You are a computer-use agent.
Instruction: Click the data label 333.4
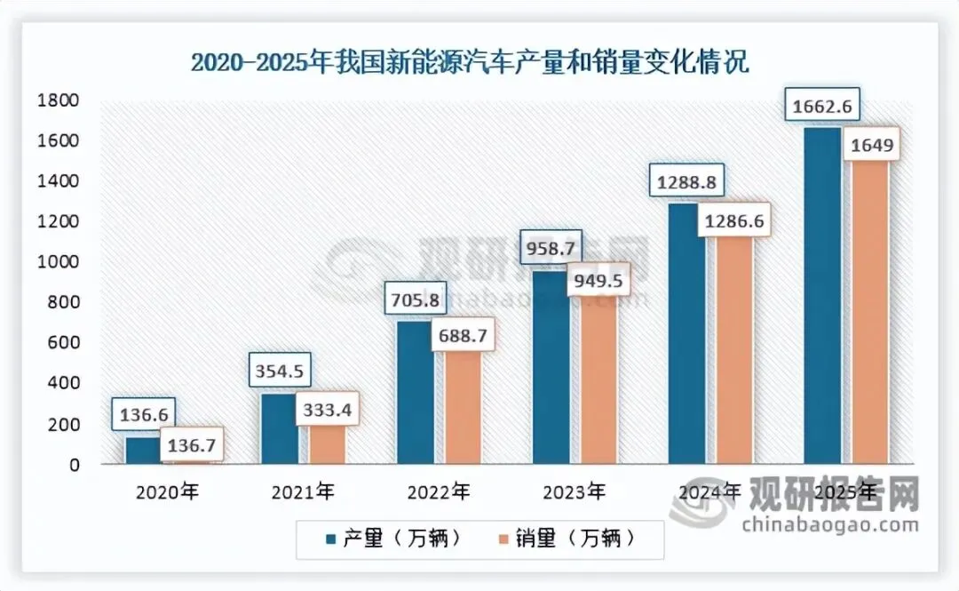click(326, 411)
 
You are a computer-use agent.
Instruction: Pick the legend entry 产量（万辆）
click(392, 539)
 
